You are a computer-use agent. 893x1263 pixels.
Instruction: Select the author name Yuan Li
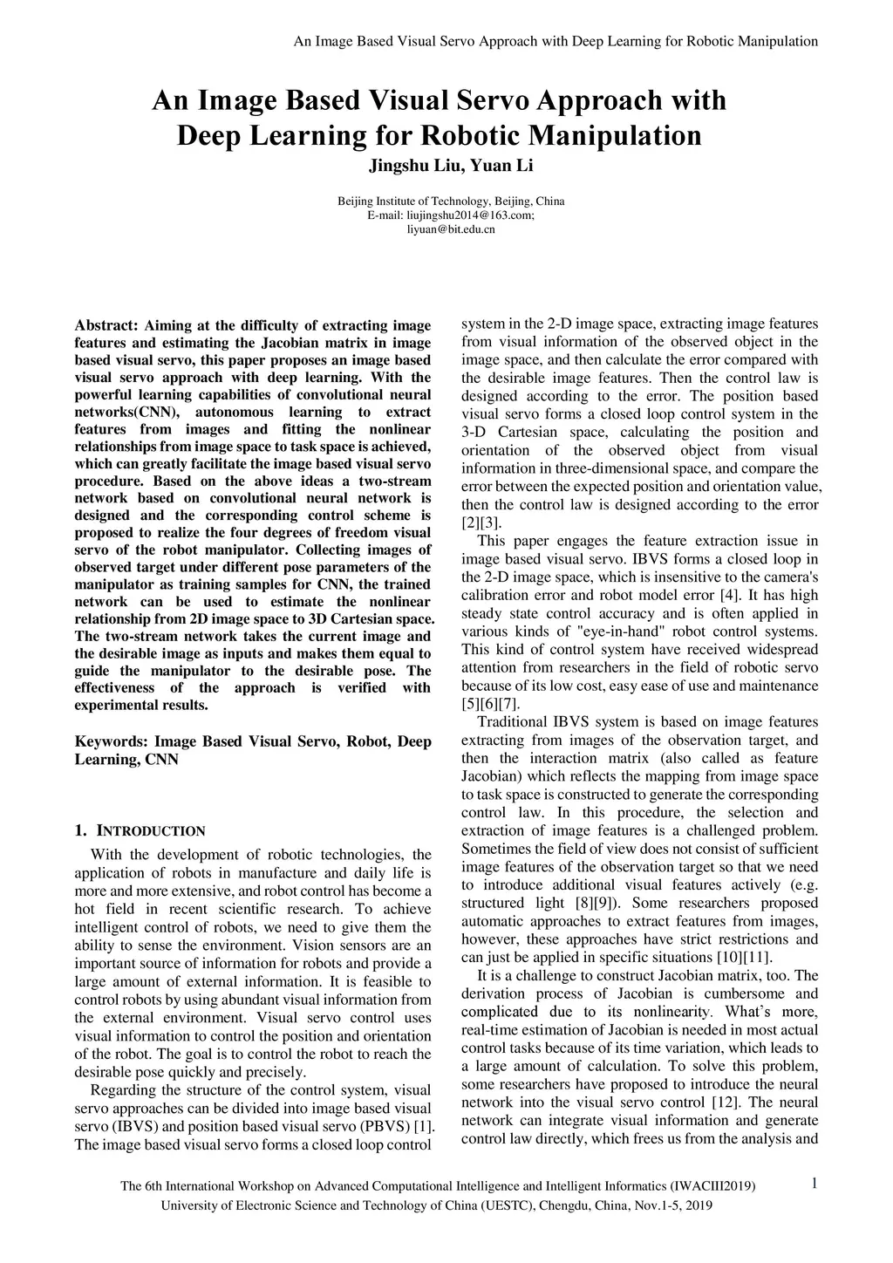(502, 165)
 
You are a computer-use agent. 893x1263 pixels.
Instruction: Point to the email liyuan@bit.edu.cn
(451, 229)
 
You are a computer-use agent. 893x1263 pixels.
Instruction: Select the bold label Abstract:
(106, 325)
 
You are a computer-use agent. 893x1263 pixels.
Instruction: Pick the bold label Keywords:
(112, 741)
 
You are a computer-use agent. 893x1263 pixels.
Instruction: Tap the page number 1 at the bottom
(814, 1183)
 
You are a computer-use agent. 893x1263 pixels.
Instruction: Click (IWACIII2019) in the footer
(712, 1186)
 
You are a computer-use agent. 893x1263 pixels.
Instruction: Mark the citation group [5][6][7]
(490, 704)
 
